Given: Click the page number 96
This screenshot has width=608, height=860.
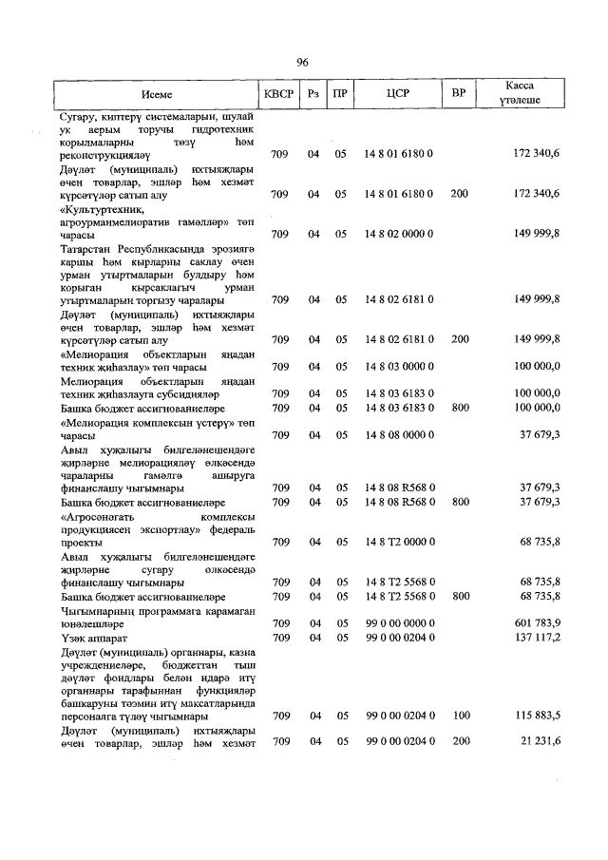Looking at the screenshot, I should coord(303,62).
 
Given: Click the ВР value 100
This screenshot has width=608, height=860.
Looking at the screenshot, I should coord(459,715).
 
